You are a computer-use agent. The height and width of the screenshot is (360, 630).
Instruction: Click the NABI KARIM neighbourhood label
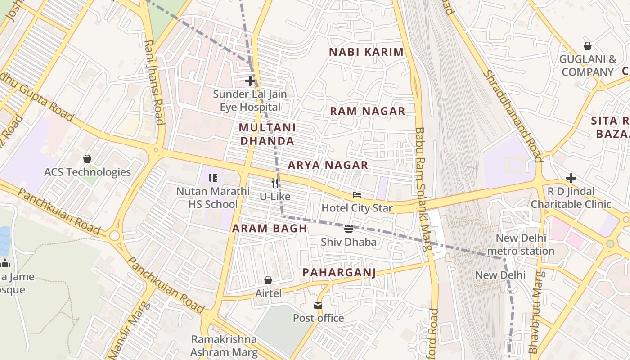pos(366,52)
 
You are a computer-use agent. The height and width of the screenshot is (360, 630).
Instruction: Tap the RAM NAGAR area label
pos(368,111)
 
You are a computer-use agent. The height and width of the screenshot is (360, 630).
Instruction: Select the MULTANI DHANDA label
pos(267,134)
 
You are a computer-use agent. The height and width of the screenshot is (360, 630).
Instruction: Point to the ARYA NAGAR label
pos(328,165)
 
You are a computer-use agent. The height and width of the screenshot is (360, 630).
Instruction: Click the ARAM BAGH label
pos(270,228)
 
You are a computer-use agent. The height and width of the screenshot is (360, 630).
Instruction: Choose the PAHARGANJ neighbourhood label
pos(339,272)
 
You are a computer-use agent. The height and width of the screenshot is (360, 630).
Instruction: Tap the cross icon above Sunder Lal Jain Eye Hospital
pos(250,81)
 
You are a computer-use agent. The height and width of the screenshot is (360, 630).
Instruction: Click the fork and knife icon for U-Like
pos(275,183)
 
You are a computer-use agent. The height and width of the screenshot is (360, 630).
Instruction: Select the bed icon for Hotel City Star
pos(357,195)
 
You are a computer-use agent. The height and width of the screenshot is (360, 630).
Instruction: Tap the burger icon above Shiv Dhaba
pos(348,229)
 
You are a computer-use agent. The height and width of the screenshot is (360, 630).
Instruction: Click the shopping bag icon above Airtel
pos(268,280)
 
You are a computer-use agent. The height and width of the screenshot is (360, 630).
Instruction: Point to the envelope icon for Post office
pos(318,305)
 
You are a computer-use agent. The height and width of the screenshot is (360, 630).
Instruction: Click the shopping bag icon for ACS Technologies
pos(87,159)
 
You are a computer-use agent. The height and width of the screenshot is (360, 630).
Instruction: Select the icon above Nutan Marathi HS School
pos(213,178)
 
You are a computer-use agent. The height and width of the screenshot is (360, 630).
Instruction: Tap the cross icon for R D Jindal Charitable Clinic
pos(571,178)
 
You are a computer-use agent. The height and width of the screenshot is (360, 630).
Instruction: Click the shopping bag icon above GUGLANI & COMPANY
pos(587,46)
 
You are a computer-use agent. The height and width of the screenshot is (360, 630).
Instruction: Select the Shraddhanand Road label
pos(512,116)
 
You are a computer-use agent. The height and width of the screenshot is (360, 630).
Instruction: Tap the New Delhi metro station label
pos(521,244)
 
